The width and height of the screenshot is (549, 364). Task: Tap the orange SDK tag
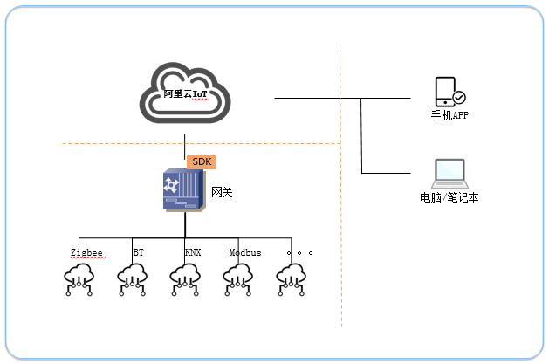[x=202, y=162]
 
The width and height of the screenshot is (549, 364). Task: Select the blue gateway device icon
[x=184, y=190]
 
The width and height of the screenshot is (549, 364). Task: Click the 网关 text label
[x=222, y=192]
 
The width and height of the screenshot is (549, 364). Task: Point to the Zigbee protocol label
[x=86, y=252]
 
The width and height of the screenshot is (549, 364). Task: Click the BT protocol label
[x=138, y=252]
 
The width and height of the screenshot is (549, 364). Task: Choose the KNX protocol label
[x=193, y=252]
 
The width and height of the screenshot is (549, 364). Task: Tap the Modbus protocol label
[x=245, y=252]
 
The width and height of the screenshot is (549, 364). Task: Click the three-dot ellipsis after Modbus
[x=299, y=252]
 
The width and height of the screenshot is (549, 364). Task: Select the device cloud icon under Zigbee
[x=79, y=279]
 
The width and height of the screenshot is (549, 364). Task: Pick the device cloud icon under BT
[x=132, y=279]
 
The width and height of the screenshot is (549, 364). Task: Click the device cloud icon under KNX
[x=185, y=279]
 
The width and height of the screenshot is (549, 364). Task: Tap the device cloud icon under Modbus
[x=238, y=279]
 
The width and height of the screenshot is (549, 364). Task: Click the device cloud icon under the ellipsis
[x=291, y=279]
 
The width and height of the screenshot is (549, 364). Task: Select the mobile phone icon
[x=445, y=92]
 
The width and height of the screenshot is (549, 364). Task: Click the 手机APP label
[x=449, y=115]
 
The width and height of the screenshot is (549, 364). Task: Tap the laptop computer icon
[x=449, y=174]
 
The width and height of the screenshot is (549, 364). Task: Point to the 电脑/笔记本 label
[x=449, y=198]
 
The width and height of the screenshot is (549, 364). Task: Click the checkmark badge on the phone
[x=459, y=97]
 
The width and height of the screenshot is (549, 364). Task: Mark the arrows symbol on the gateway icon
[x=171, y=185]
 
